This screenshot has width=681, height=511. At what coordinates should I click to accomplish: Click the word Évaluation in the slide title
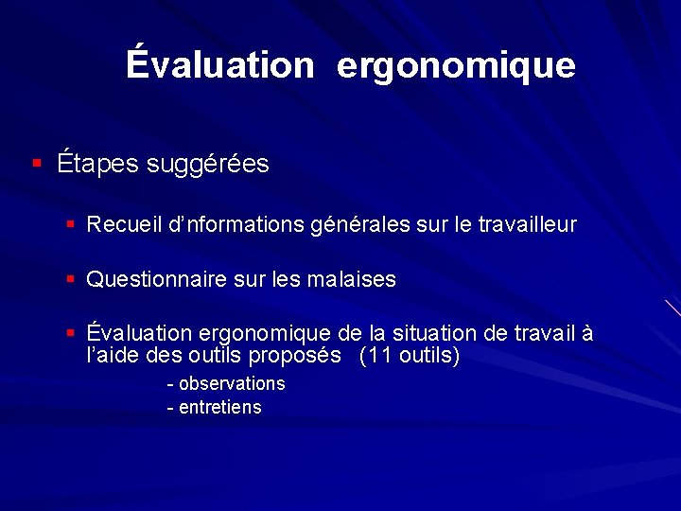click(x=219, y=64)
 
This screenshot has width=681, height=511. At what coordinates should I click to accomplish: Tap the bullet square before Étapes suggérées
click(x=36, y=164)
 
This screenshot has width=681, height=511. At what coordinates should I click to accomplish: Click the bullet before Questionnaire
click(x=70, y=280)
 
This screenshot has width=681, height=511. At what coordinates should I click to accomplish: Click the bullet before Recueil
click(x=70, y=225)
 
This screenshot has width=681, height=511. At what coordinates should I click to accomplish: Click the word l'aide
click(x=108, y=356)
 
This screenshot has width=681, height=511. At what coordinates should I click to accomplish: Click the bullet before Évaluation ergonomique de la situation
click(x=70, y=334)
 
